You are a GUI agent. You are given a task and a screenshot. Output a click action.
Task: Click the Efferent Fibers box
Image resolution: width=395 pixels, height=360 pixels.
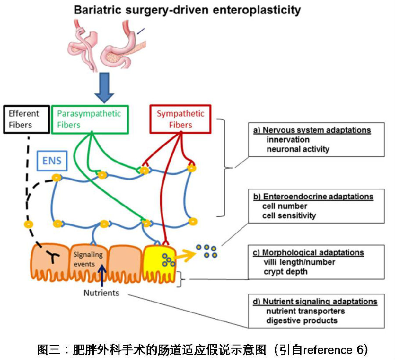click(25, 119)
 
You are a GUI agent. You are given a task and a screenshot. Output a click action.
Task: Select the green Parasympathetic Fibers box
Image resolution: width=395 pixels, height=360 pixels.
click(90, 119)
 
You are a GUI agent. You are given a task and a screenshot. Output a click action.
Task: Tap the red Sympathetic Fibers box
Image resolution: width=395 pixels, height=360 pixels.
click(180, 119)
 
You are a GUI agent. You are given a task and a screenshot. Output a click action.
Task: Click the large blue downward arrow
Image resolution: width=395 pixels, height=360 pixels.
click(104, 87)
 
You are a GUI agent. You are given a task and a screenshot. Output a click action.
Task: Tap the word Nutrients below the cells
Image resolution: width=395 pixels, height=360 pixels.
click(101, 293)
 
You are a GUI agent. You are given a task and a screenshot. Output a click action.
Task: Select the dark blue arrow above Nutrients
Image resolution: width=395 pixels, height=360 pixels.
click(102, 274)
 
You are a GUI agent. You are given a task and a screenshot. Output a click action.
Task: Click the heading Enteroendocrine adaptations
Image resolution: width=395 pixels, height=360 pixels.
click(313, 196)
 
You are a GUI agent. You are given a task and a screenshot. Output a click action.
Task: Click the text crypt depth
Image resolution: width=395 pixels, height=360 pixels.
click(286, 272)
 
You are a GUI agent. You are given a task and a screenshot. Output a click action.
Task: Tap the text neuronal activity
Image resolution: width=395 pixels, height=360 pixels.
click(298, 149)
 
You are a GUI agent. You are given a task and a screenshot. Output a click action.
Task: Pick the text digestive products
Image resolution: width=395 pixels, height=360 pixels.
click(302, 320)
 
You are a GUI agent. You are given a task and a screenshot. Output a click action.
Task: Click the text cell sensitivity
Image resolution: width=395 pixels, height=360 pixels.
click(289, 216)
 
